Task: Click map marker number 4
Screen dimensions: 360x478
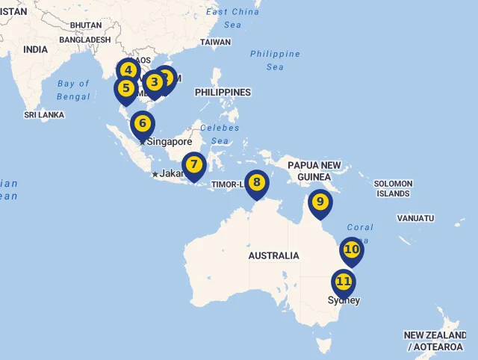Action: pyautogui.click(x=128, y=71)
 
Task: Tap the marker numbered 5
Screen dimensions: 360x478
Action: pyautogui.click(x=125, y=89)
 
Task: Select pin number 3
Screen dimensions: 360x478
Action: pyautogui.click(x=154, y=82)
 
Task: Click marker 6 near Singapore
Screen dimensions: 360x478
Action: pyautogui.click(x=142, y=122)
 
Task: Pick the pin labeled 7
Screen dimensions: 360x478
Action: pyautogui.click(x=193, y=164)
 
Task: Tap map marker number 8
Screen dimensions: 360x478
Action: pyautogui.click(x=257, y=181)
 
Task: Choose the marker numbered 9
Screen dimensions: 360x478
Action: pyautogui.click(x=320, y=201)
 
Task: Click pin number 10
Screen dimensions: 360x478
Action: pyautogui.click(x=351, y=249)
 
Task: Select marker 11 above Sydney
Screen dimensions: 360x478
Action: pyautogui.click(x=344, y=282)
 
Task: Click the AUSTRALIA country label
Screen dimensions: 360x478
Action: pyautogui.click(x=273, y=255)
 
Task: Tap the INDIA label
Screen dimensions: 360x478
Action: pyautogui.click(x=35, y=49)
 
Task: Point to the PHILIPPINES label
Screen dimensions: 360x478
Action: pyautogui.click(x=223, y=92)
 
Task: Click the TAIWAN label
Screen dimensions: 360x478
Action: pyautogui.click(x=215, y=42)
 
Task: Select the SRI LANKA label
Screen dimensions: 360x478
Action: pyautogui.click(x=44, y=115)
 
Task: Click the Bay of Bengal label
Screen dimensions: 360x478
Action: pyautogui.click(x=73, y=90)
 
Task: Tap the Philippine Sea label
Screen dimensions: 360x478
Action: pyautogui.click(x=275, y=60)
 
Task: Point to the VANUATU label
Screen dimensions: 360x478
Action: pyautogui.click(x=415, y=218)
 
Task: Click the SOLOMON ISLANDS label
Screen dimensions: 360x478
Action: pyautogui.click(x=392, y=188)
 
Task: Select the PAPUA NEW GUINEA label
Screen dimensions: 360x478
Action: pyautogui.click(x=314, y=170)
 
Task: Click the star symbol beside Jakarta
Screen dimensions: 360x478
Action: pyautogui.click(x=155, y=174)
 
